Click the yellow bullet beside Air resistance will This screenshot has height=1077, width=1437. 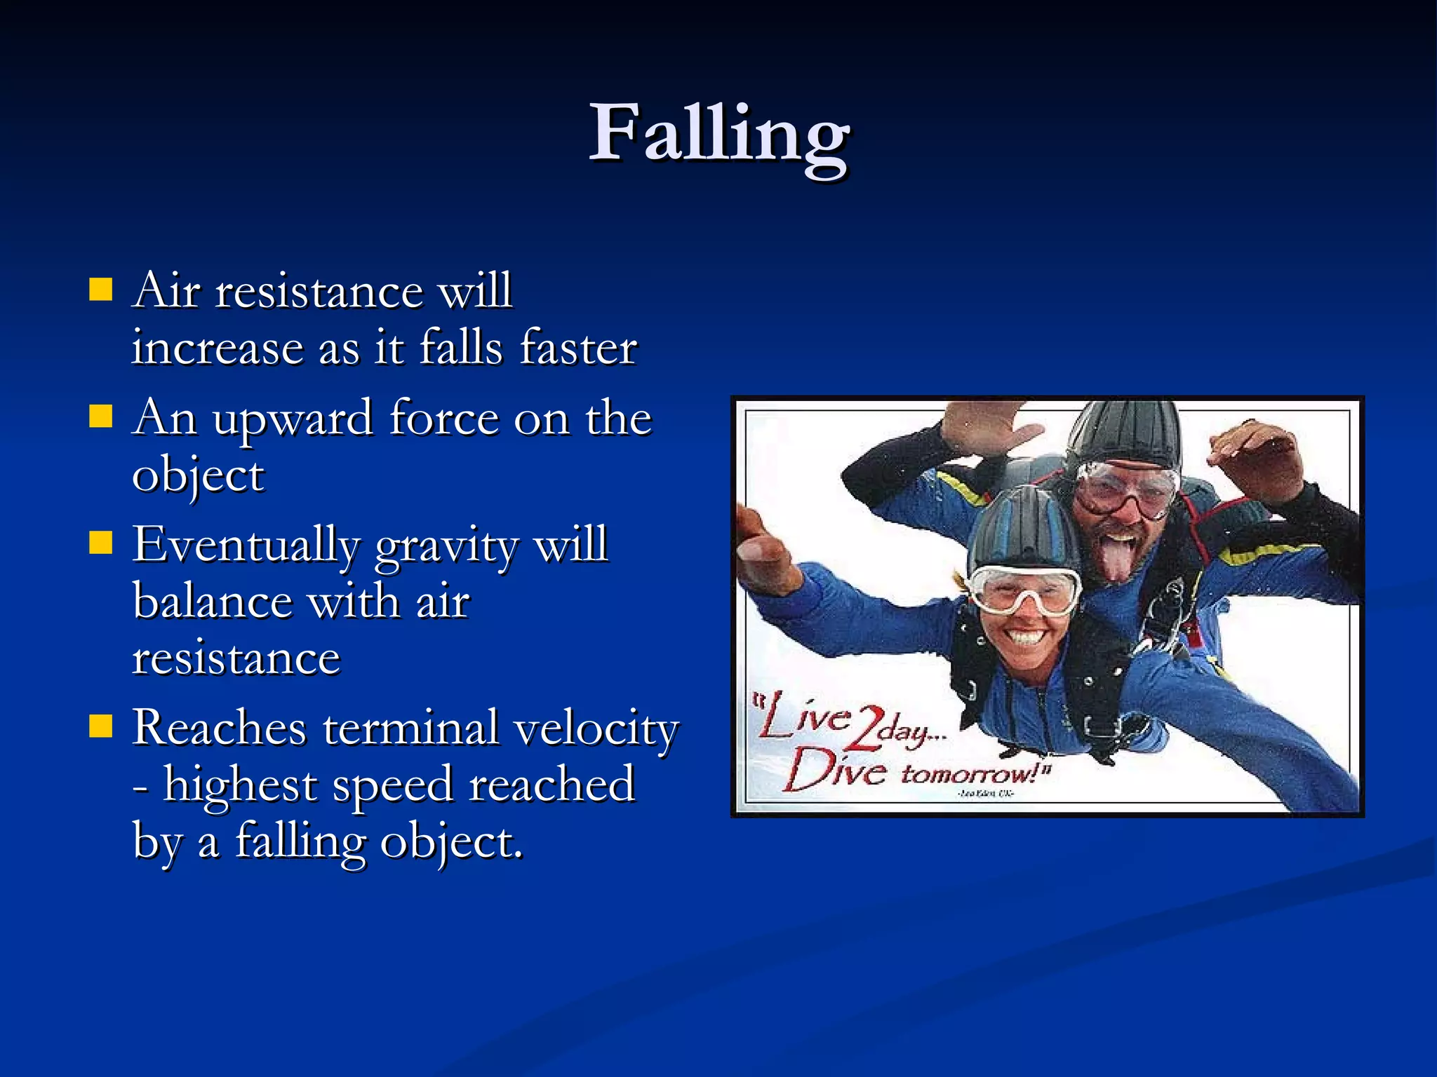click(101, 289)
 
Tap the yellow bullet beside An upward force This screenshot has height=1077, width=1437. click(101, 416)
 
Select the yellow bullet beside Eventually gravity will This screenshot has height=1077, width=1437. click(101, 543)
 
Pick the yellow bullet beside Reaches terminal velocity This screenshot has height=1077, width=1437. click(101, 726)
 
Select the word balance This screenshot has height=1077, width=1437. click(213, 602)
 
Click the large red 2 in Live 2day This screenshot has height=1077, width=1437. click(867, 729)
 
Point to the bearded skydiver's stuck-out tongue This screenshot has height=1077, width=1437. click(1117, 557)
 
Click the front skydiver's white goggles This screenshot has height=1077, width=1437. click(1025, 590)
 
